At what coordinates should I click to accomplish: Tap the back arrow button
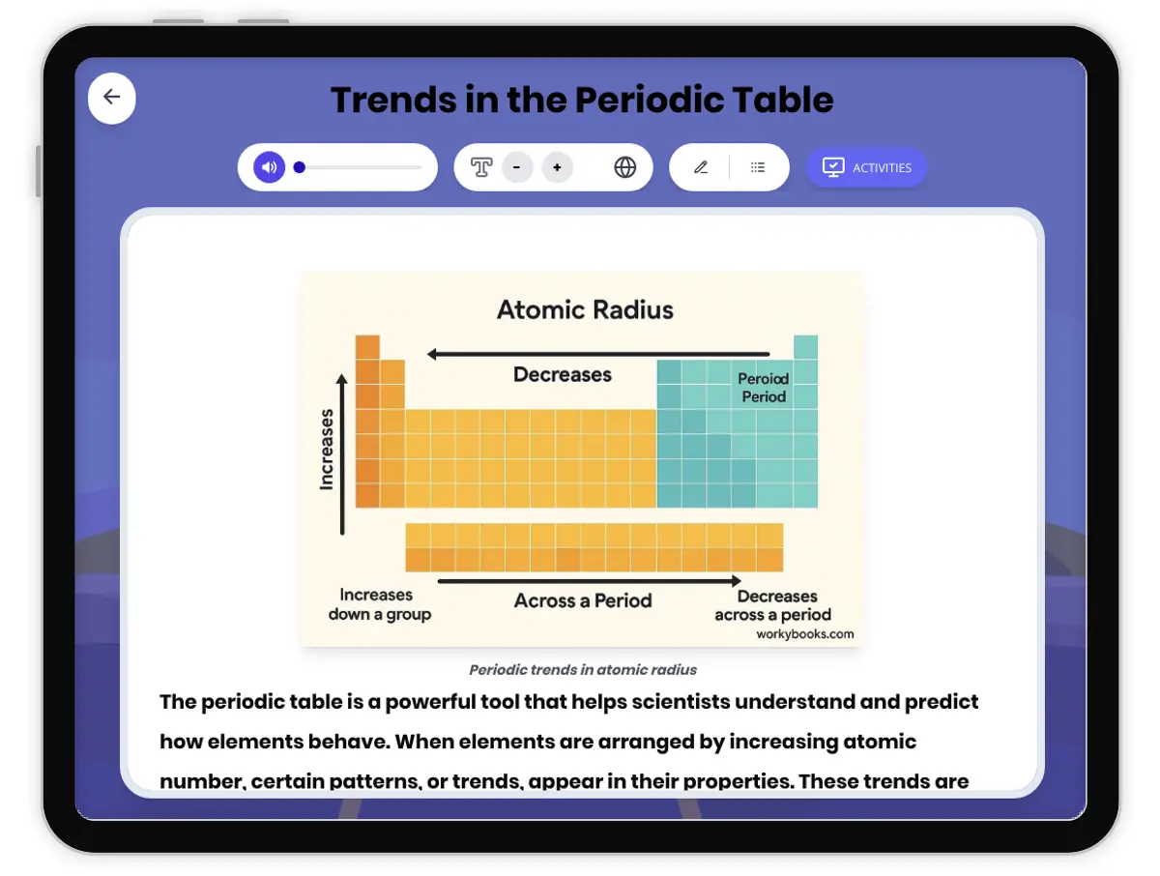[112, 98]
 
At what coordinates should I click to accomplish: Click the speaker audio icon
[270, 167]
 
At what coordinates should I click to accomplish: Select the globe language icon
[625, 167]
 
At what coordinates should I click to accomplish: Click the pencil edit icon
[701, 167]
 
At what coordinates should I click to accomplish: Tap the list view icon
[758, 167]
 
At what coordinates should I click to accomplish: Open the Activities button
[866, 167]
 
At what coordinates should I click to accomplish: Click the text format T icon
[481, 167]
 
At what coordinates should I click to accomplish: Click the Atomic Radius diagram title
[585, 310]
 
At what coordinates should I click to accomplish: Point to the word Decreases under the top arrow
[563, 375]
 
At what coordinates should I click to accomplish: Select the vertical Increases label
[327, 449]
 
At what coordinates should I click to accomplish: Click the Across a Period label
[583, 600]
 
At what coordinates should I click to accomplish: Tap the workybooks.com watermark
[805, 634]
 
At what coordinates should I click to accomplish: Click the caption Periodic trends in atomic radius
[583, 669]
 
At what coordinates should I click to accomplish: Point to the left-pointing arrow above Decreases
[598, 354]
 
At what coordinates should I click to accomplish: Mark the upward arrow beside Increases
[342, 454]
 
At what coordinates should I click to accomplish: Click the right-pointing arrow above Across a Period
[589, 581]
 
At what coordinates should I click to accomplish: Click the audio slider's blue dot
[300, 167]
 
